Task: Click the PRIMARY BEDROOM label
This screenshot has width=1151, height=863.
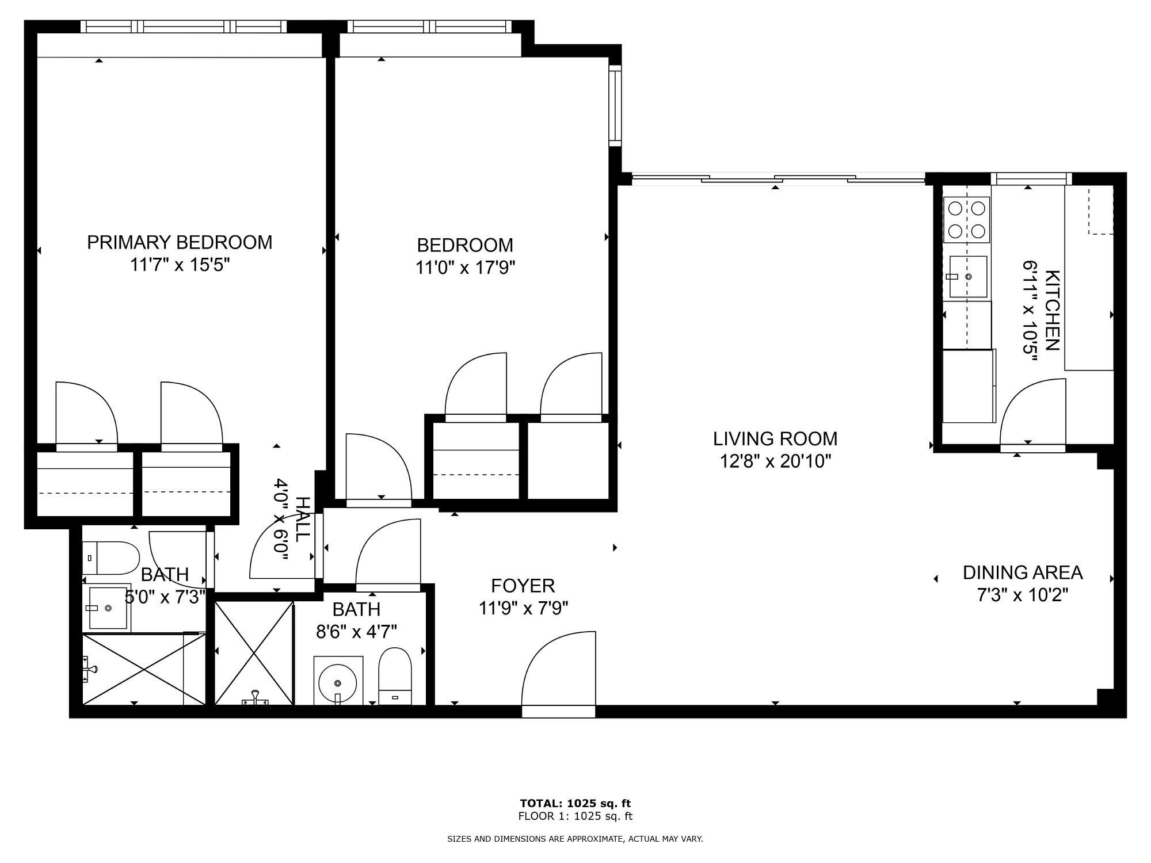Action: point(180,242)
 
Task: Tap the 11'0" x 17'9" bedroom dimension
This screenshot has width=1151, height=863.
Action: point(465,268)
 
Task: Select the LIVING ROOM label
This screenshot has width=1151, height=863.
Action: point(775,439)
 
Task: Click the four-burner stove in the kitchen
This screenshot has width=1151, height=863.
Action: point(966,220)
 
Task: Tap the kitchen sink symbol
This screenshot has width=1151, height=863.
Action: point(967,277)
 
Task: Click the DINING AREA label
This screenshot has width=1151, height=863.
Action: point(1023,572)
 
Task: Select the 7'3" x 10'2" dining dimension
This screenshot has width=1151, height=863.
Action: point(1023,595)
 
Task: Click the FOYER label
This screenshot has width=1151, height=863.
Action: point(523,586)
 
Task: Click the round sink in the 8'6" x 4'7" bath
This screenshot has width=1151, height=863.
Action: point(338,682)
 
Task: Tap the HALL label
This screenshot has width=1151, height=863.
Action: point(302,519)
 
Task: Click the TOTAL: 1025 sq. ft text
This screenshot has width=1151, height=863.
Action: point(575,803)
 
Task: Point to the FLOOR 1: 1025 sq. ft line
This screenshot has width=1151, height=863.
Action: point(575,816)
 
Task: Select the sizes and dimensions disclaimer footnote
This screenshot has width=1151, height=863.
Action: point(575,839)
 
